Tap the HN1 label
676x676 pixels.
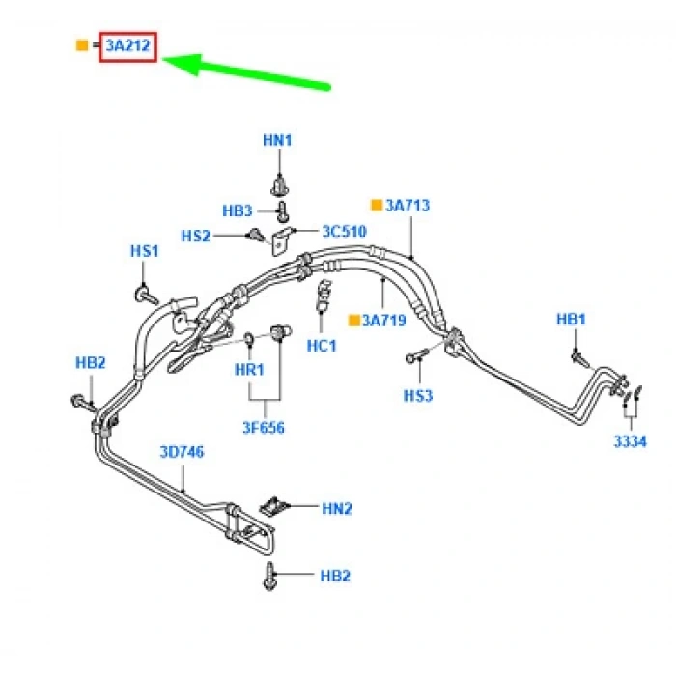pyautogui.click(x=278, y=140)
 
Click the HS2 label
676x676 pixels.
pyautogui.click(x=196, y=236)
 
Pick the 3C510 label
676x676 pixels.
pyautogui.click(x=346, y=231)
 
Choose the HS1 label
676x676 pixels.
pyautogui.click(x=145, y=251)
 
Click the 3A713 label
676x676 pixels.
pyautogui.click(x=408, y=205)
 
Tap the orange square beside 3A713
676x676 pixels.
pyautogui.click(x=377, y=205)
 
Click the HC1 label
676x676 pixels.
pyautogui.click(x=321, y=345)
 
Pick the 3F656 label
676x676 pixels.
pyautogui.click(x=264, y=427)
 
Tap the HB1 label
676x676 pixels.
pyautogui.click(x=572, y=320)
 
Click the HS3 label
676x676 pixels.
pyautogui.click(x=418, y=396)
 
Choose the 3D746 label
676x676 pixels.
pyautogui.click(x=182, y=451)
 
